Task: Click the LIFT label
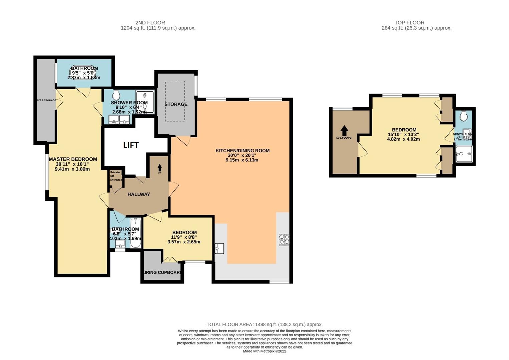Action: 131,145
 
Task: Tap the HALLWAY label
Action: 139,194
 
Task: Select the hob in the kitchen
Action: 284,240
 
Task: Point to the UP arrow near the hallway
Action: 159,168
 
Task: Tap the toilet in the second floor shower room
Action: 116,95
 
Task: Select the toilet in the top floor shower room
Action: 463,116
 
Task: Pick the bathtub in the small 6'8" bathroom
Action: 135,233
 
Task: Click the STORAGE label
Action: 176,104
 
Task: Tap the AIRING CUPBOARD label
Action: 162,272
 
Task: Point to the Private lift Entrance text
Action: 116,176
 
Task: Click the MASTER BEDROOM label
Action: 73,159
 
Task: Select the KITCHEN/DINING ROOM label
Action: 242,151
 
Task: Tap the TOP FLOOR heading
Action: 409,23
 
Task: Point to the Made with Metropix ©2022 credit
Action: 264,351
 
